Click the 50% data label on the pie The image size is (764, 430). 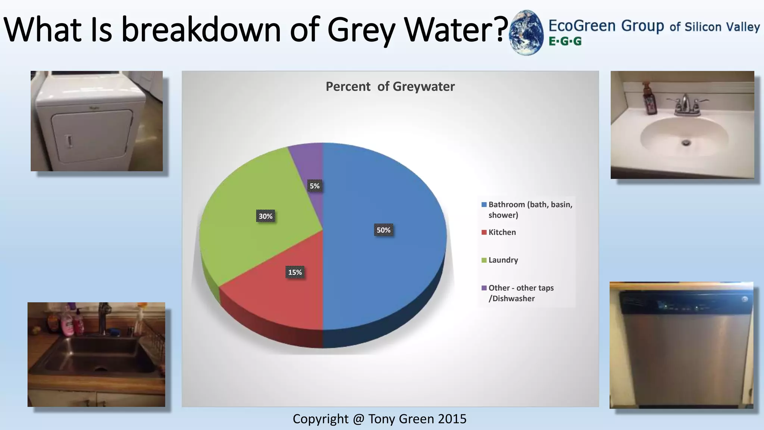[x=383, y=230]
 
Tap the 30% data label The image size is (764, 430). [x=266, y=216]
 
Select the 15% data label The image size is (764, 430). [x=295, y=272]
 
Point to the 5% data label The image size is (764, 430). [x=314, y=186]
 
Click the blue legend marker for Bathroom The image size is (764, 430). [x=484, y=205]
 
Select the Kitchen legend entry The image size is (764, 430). [x=502, y=232]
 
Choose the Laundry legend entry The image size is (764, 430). [x=503, y=260]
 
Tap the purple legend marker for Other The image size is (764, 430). [x=484, y=288]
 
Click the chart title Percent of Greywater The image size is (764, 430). [x=390, y=87]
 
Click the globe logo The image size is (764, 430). [x=526, y=33]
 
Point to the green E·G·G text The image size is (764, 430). [x=565, y=41]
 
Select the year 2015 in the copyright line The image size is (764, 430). [x=452, y=419]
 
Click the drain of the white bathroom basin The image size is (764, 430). [x=686, y=143]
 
